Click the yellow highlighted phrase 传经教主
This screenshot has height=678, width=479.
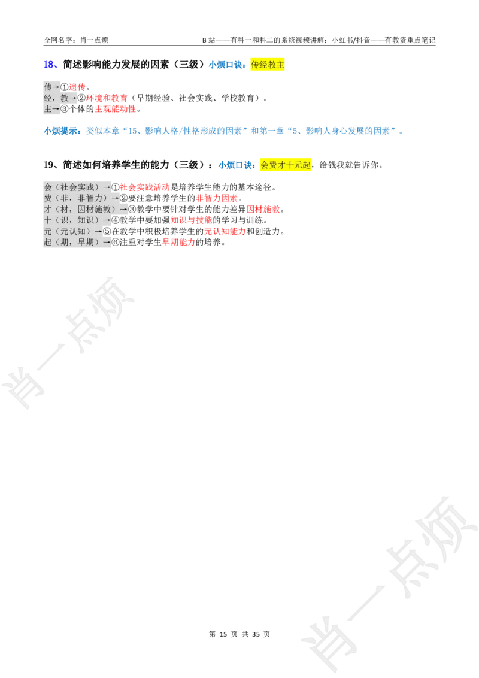(268, 65)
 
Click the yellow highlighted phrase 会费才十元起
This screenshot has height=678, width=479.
(286, 165)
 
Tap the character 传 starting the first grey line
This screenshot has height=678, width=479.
(48, 87)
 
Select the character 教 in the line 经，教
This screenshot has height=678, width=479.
(65, 98)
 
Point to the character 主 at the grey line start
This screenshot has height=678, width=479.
(48, 109)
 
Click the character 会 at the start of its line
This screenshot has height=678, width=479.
(48, 187)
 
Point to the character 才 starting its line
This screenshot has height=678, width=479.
(48, 210)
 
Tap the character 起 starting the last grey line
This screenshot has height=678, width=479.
(48, 243)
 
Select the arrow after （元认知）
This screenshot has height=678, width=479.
(98, 231)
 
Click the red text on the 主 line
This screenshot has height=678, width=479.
(116, 110)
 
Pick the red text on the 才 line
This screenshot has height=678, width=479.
(263, 210)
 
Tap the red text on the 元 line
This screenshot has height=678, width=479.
(225, 231)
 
